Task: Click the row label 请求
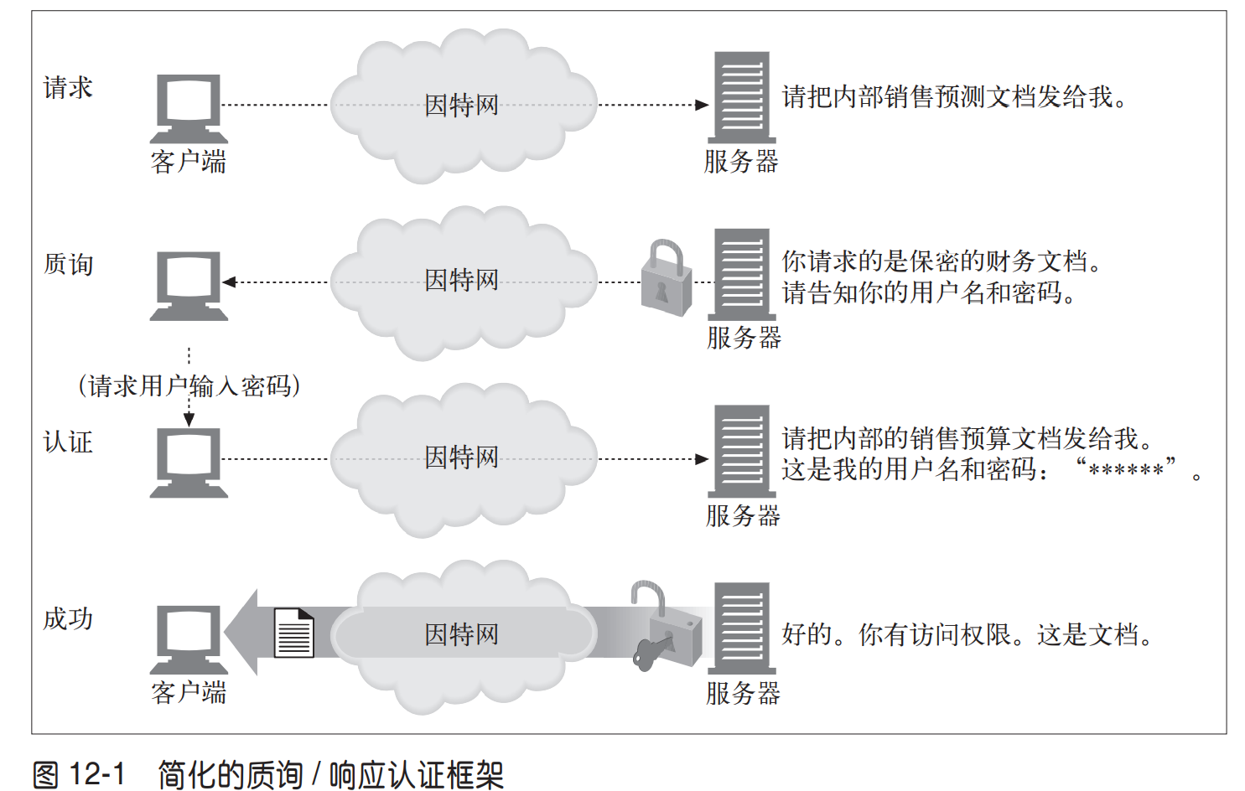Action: [68, 88]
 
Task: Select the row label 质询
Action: [69, 264]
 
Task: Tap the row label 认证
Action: [68, 442]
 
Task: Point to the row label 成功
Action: [68, 618]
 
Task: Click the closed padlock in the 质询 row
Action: [667, 277]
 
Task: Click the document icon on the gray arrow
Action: [294, 633]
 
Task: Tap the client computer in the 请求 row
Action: [189, 109]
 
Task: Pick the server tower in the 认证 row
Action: [742, 451]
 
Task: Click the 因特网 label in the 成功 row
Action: [461, 633]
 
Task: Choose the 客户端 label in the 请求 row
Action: [189, 162]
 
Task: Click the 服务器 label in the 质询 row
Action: [744, 337]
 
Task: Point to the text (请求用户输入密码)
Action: [189, 385]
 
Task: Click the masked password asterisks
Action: [1126, 470]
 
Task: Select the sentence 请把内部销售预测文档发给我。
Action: [954, 96]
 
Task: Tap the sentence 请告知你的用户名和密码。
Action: [929, 292]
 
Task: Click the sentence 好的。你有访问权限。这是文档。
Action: [967, 633]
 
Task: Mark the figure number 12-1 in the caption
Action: [96, 773]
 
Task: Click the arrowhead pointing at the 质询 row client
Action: [229, 282]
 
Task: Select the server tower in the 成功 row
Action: [742, 628]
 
